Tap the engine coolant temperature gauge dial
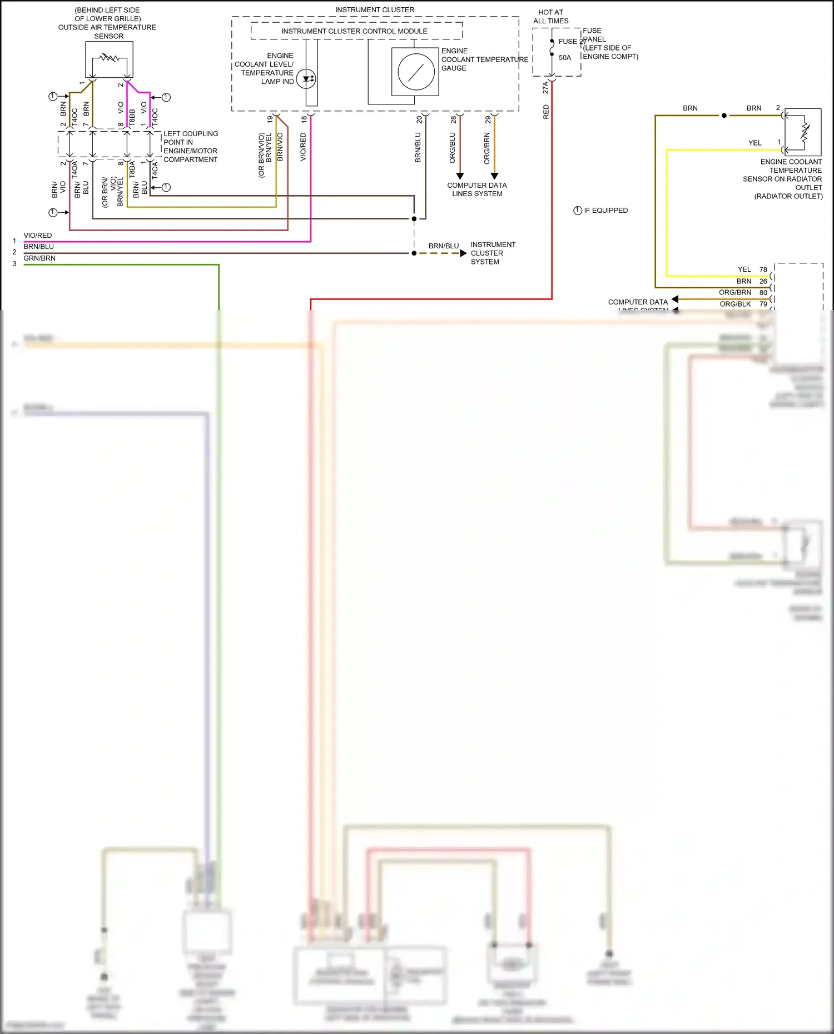point(416,72)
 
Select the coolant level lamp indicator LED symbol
point(306,79)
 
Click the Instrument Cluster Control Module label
point(354,31)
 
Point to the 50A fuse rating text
point(565,58)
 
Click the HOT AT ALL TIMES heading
point(550,17)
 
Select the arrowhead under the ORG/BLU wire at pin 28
point(460,176)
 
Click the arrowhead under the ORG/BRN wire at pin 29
point(494,176)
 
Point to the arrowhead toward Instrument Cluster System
point(463,253)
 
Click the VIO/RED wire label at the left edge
point(38,236)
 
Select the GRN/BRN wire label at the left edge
point(39,258)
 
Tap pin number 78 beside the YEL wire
point(763,269)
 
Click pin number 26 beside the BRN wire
point(763,281)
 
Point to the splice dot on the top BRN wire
point(724,116)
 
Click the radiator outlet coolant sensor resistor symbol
point(805,132)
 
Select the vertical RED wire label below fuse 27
point(546,112)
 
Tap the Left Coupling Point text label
point(191,147)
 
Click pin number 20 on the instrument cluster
point(419,119)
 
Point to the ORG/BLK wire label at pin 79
point(735,304)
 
